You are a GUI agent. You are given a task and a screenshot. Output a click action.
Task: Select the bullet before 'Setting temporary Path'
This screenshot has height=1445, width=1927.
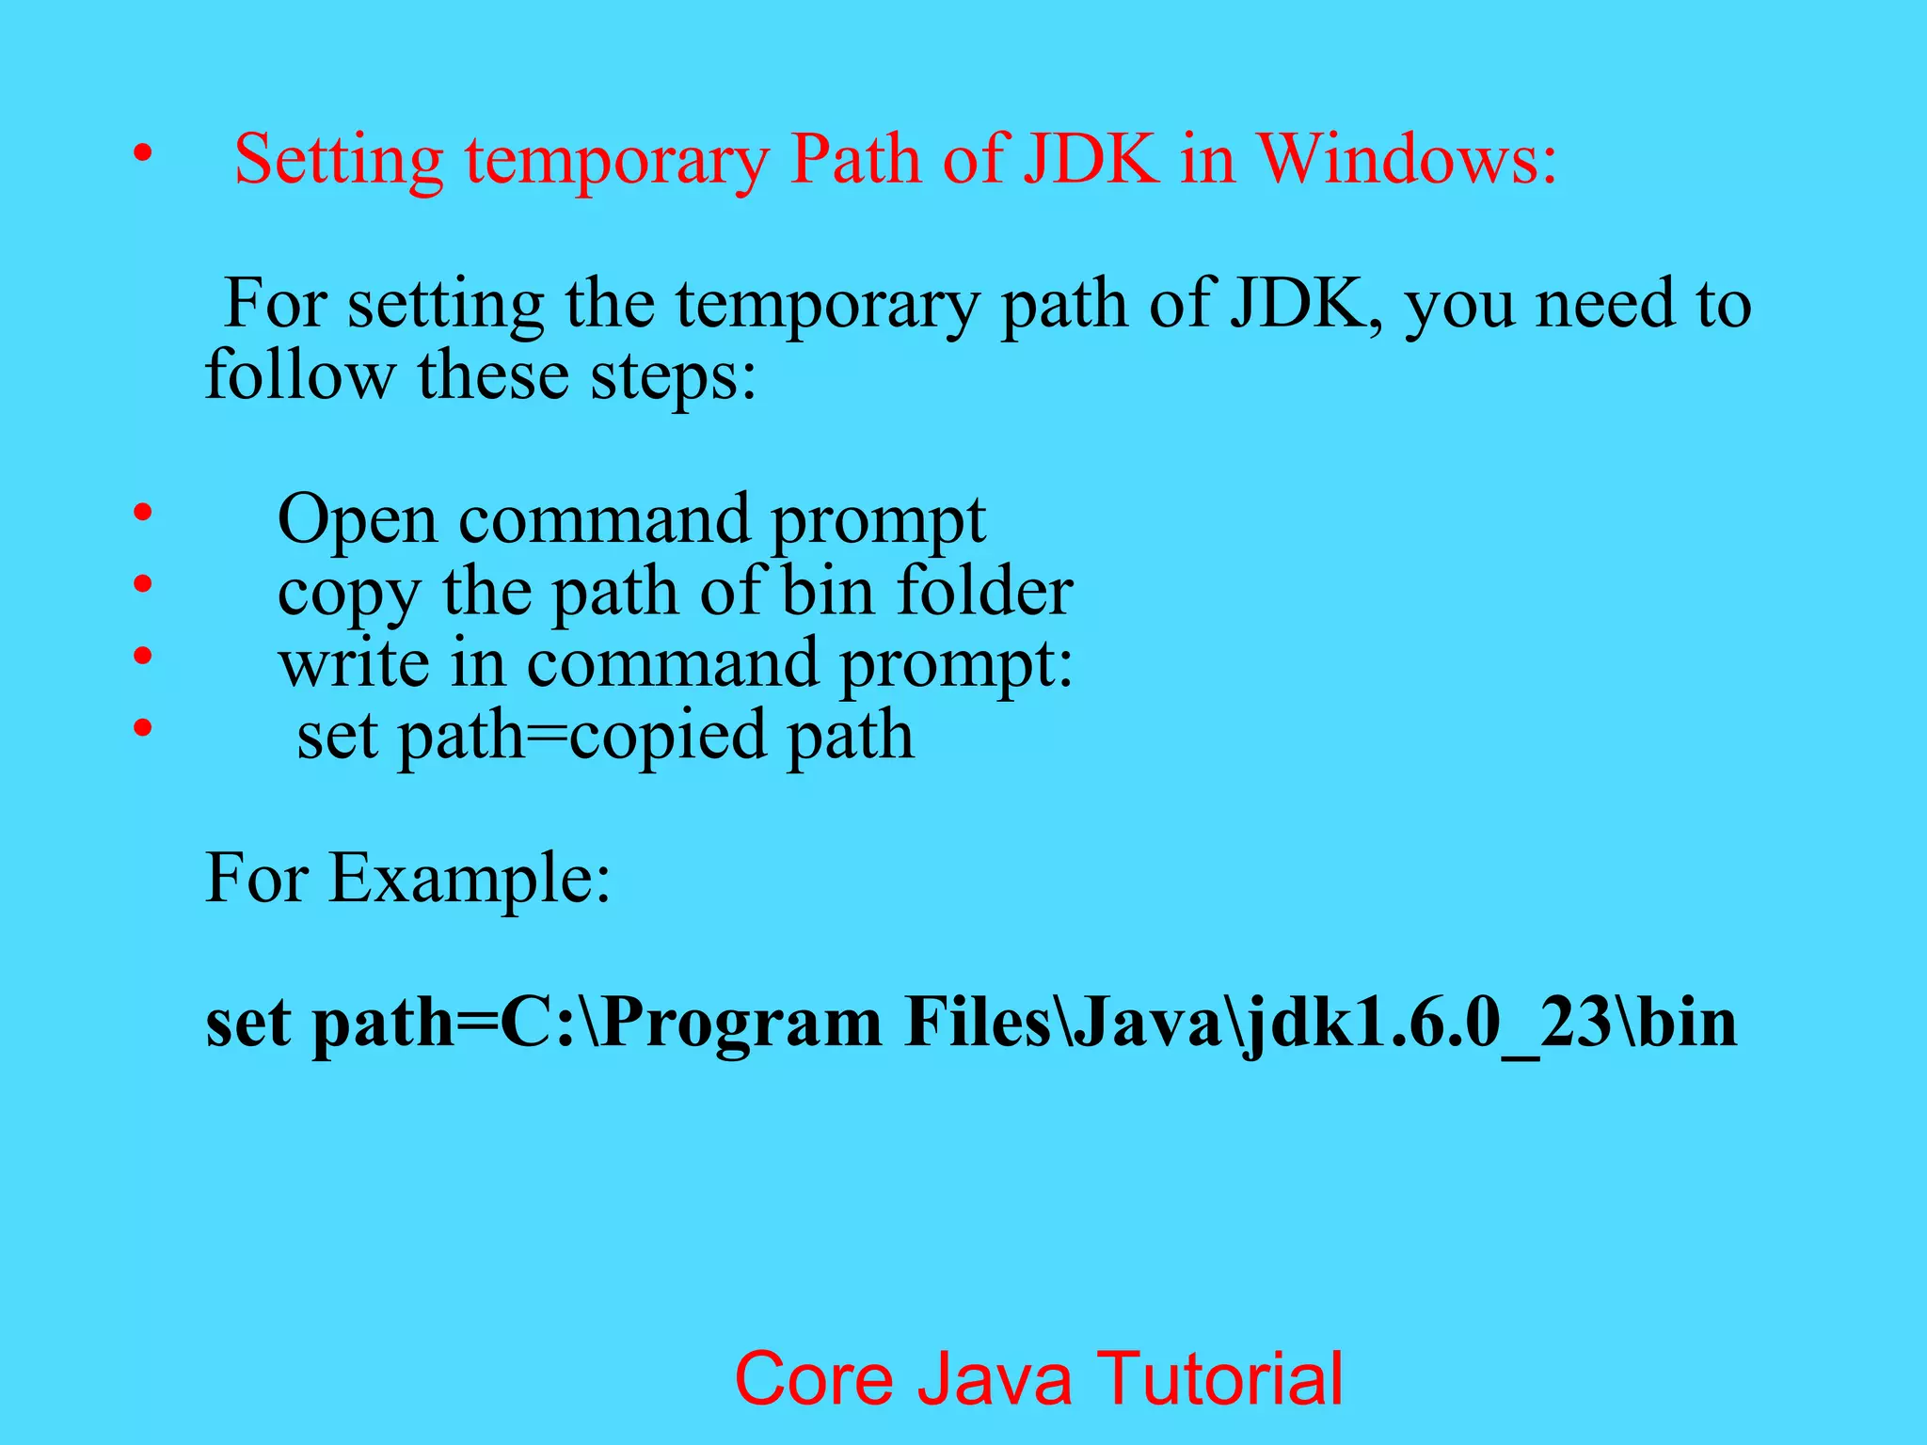[x=142, y=152]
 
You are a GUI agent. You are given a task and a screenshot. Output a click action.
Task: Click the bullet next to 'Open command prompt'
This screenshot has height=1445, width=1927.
[x=142, y=513]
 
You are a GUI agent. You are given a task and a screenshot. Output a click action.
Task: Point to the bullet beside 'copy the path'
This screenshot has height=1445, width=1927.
[x=142, y=584]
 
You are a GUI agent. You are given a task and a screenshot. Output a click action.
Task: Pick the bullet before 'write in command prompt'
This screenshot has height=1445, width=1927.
[x=142, y=656]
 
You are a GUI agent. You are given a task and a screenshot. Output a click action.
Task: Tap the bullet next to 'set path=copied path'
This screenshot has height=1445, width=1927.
[x=142, y=727]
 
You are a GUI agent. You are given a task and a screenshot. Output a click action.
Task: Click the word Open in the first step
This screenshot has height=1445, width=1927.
[x=357, y=520]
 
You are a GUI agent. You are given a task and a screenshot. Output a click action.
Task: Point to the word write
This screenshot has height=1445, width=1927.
[x=354, y=662]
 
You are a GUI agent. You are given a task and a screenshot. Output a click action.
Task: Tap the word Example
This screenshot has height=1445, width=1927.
[x=469, y=878]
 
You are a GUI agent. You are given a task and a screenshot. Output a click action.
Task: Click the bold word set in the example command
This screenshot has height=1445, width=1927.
[x=247, y=1024]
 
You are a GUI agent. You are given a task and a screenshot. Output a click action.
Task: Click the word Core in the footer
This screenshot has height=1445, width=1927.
[x=814, y=1378]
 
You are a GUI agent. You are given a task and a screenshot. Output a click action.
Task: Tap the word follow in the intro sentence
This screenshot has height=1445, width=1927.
[x=300, y=374]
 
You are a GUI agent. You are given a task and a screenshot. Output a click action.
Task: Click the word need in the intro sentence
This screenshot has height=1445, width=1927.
[x=1605, y=304]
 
